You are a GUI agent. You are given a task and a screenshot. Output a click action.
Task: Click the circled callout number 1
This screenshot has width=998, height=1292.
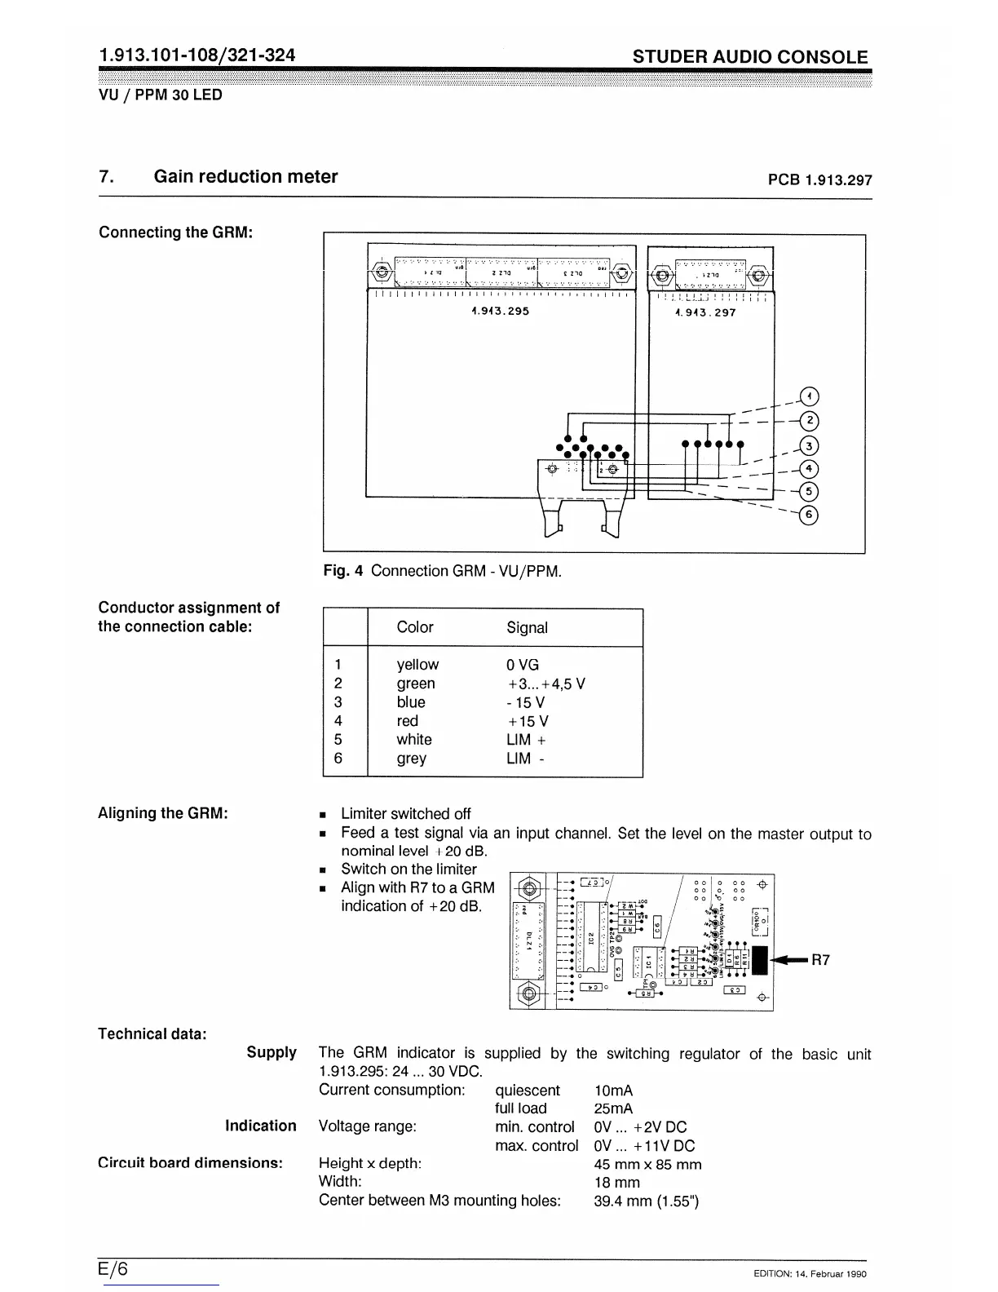coord(808,396)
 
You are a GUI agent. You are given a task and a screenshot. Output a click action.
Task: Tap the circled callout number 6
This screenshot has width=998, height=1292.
coord(808,515)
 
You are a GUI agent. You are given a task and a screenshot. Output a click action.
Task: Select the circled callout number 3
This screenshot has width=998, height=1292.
coord(808,445)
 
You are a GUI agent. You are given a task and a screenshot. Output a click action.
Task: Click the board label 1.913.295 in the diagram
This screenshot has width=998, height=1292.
coord(500,311)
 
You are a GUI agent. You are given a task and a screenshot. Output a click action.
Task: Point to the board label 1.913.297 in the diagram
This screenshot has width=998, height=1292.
coord(705,312)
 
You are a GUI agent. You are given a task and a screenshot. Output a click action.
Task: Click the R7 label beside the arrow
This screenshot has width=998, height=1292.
coord(819,960)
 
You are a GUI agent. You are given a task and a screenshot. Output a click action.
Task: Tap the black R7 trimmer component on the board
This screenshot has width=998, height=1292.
coord(760,960)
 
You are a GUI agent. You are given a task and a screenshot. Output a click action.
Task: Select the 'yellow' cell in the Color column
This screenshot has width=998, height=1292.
coord(417,665)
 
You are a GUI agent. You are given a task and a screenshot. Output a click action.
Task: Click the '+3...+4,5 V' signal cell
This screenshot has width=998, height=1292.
coord(545,684)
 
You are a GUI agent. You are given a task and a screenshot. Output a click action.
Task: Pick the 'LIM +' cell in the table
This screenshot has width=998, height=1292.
coord(526,740)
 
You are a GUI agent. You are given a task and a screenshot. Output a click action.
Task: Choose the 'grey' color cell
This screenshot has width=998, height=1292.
coord(411,759)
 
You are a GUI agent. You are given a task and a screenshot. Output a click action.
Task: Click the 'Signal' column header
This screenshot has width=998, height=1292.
coord(527,627)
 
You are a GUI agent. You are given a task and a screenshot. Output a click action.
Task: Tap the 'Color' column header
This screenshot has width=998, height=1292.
coord(414,627)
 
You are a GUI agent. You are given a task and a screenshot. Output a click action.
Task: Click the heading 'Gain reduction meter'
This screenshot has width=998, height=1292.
coord(245,177)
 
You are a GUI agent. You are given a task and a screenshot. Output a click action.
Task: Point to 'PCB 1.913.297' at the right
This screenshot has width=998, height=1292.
coord(819,180)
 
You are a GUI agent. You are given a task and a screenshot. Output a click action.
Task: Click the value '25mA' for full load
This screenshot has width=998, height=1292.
coord(613,1108)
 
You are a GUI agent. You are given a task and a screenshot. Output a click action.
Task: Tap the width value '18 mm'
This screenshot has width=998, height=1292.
coord(616,1182)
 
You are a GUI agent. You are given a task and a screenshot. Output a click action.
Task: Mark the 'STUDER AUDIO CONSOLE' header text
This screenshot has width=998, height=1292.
coord(750,57)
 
